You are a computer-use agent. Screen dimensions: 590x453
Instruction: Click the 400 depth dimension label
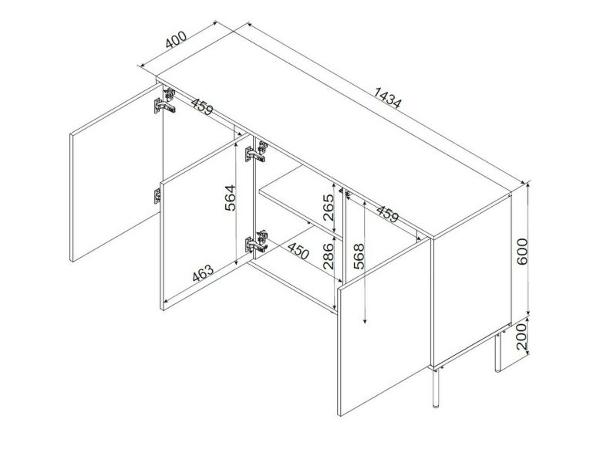(176, 39)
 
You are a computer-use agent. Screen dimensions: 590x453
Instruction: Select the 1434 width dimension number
(388, 97)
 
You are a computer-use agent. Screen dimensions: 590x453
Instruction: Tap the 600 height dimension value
(522, 251)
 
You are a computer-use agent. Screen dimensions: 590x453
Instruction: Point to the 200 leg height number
(522, 336)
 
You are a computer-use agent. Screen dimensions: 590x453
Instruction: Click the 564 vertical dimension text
(230, 198)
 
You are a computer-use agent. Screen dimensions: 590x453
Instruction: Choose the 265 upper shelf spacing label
(328, 208)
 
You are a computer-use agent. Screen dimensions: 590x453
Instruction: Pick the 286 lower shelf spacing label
(328, 256)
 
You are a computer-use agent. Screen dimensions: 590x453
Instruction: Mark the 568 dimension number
(359, 256)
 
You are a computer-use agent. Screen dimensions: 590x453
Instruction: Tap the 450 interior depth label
(298, 250)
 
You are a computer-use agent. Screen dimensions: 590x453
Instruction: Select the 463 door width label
(203, 273)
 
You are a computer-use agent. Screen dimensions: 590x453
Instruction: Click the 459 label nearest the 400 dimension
(202, 106)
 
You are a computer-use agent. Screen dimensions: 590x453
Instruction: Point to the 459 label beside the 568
(387, 214)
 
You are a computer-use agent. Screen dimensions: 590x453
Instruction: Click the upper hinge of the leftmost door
(165, 101)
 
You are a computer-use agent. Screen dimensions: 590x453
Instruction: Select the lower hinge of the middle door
(257, 242)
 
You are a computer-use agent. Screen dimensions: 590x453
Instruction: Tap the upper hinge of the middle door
(257, 151)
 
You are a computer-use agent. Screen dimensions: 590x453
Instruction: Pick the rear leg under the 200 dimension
(497, 351)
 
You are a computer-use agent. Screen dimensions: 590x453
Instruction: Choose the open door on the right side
(384, 326)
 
